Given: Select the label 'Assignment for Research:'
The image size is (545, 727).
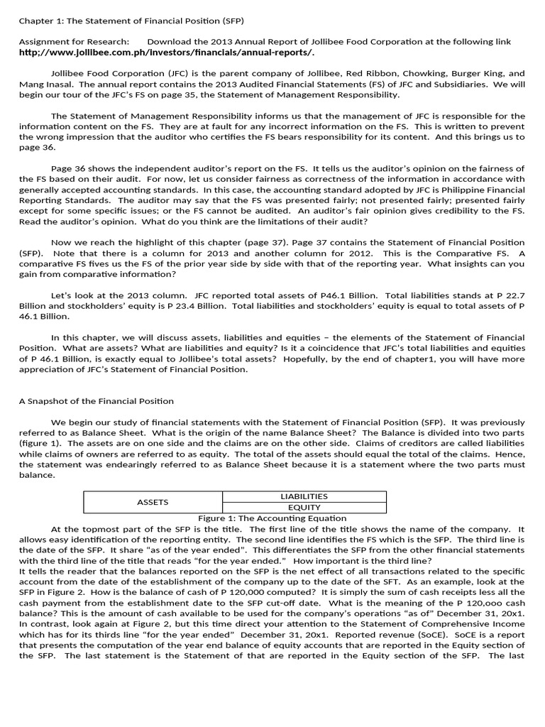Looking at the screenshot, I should (74, 42).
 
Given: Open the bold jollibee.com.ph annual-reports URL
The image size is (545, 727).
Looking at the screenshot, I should (166, 53).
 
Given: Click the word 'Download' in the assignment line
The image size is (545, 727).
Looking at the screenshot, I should (170, 42).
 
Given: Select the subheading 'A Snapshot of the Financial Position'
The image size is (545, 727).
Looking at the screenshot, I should (96, 401).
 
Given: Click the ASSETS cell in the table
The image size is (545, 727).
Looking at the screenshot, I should (153, 502).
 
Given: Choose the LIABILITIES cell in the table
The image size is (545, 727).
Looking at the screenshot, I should (304, 496).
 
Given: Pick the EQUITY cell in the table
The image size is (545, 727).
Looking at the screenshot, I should (304, 508).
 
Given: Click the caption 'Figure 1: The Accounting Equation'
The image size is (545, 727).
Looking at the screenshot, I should (272, 518).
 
